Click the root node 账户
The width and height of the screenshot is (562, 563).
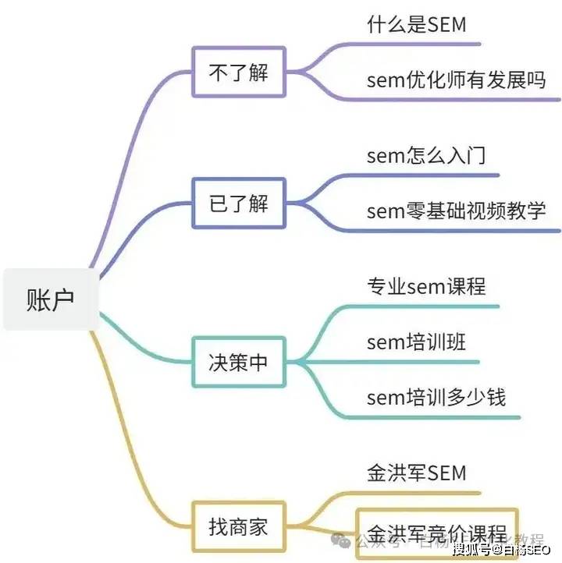pos(52,299)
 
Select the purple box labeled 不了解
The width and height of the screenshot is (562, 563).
pos(239,72)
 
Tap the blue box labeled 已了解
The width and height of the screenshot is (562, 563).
pos(239,203)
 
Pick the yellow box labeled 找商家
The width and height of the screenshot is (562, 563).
pos(239,526)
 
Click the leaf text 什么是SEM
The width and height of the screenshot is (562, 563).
pos(416,24)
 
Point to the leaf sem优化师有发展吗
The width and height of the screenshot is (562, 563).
pos(456,79)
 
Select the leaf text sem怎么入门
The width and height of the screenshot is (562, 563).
pos(426,155)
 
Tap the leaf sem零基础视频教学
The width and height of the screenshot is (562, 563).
pos(456,210)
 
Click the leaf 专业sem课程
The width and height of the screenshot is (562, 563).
pos(426,286)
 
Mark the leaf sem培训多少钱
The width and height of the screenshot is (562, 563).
pos(436,397)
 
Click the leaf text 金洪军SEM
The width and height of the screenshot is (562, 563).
pos(416,472)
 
